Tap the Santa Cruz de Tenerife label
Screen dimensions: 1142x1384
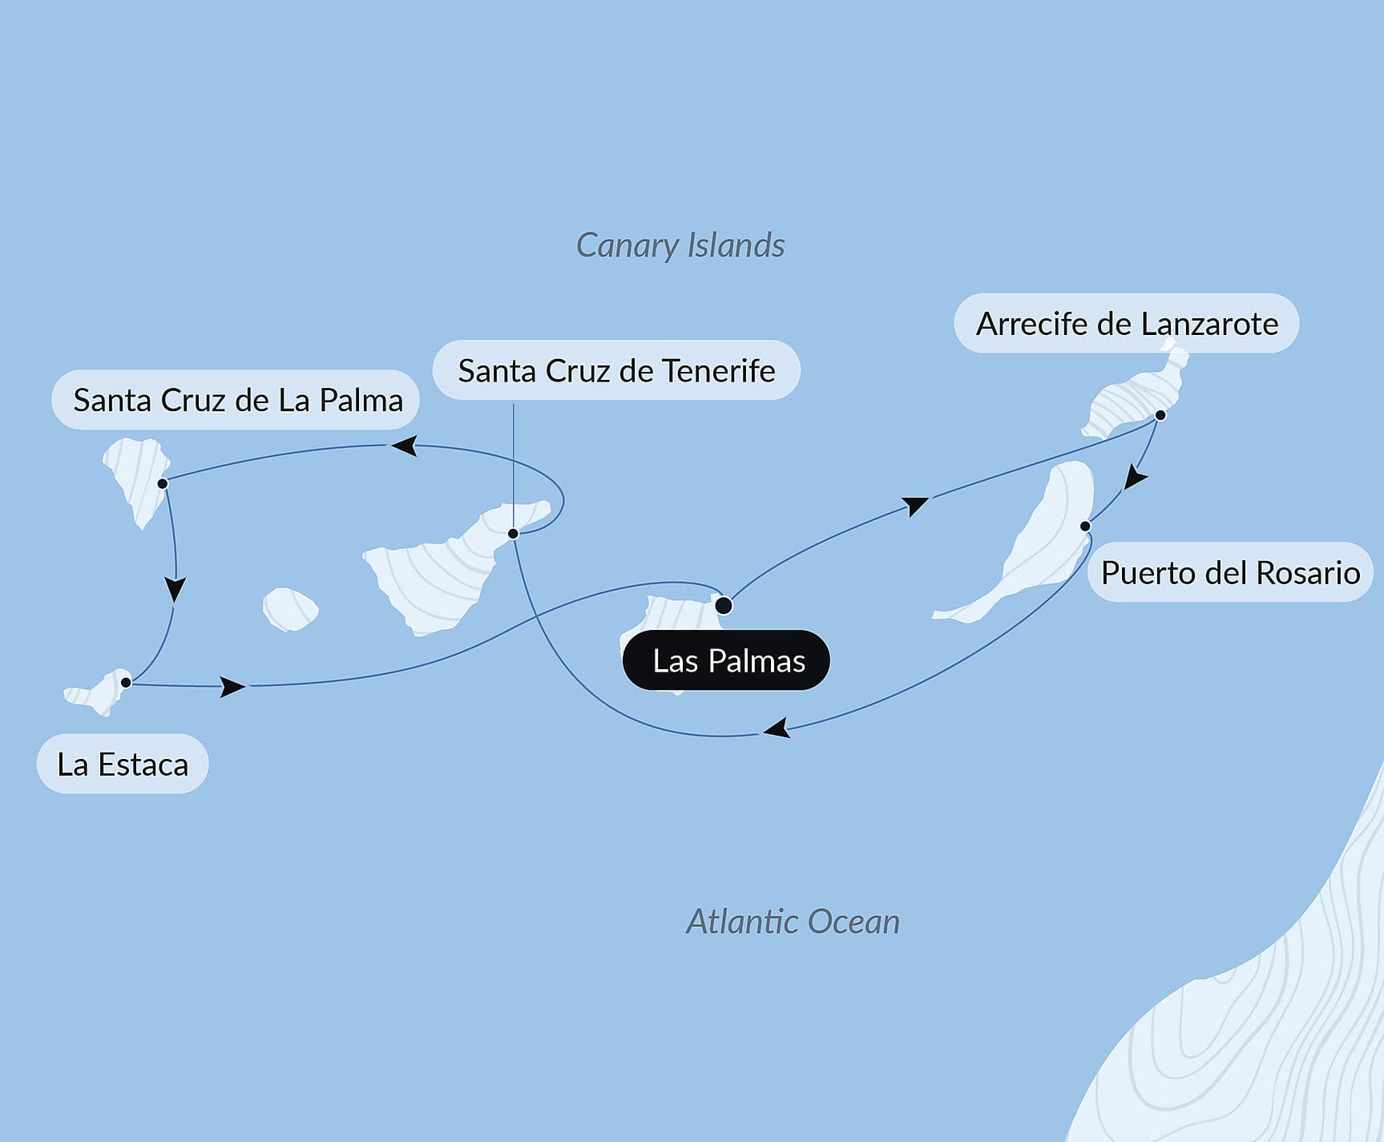[x=615, y=371]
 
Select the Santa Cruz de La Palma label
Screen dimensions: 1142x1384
[x=236, y=400]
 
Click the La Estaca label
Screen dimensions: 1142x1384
[x=123, y=765]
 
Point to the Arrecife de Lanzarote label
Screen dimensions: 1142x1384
[x=1126, y=324]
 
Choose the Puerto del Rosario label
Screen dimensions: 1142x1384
[x=1229, y=573]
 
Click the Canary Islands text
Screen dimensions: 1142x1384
[x=680, y=245]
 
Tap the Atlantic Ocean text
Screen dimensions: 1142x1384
[x=793, y=922]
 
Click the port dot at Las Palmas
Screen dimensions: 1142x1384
[x=723, y=605]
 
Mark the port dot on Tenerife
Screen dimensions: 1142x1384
[x=513, y=534]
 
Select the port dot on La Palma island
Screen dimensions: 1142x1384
[x=163, y=484]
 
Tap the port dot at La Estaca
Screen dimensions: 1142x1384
[x=126, y=683]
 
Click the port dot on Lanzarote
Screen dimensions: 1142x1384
[x=1160, y=415]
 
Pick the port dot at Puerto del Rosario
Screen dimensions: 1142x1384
[x=1085, y=527]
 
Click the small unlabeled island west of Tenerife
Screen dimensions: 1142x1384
[x=290, y=609]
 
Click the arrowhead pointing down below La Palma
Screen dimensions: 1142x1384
[x=175, y=589]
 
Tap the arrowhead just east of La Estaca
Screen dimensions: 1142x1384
[x=232, y=687]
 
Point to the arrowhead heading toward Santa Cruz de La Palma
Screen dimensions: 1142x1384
[x=404, y=445]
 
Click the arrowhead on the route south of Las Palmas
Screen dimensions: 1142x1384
[x=777, y=728]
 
